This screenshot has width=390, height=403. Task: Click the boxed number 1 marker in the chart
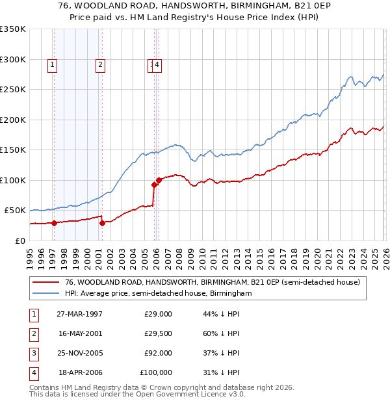pyautogui.click(x=52, y=64)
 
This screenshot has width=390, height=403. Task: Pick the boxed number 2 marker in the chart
pyautogui.click(x=100, y=64)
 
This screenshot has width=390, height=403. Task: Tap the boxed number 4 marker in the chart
pyautogui.click(x=158, y=64)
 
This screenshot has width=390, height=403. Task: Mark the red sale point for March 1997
pyautogui.click(x=55, y=223)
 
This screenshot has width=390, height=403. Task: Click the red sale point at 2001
pyautogui.click(x=102, y=223)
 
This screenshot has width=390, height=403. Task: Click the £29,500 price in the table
pyautogui.click(x=158, y=333)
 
